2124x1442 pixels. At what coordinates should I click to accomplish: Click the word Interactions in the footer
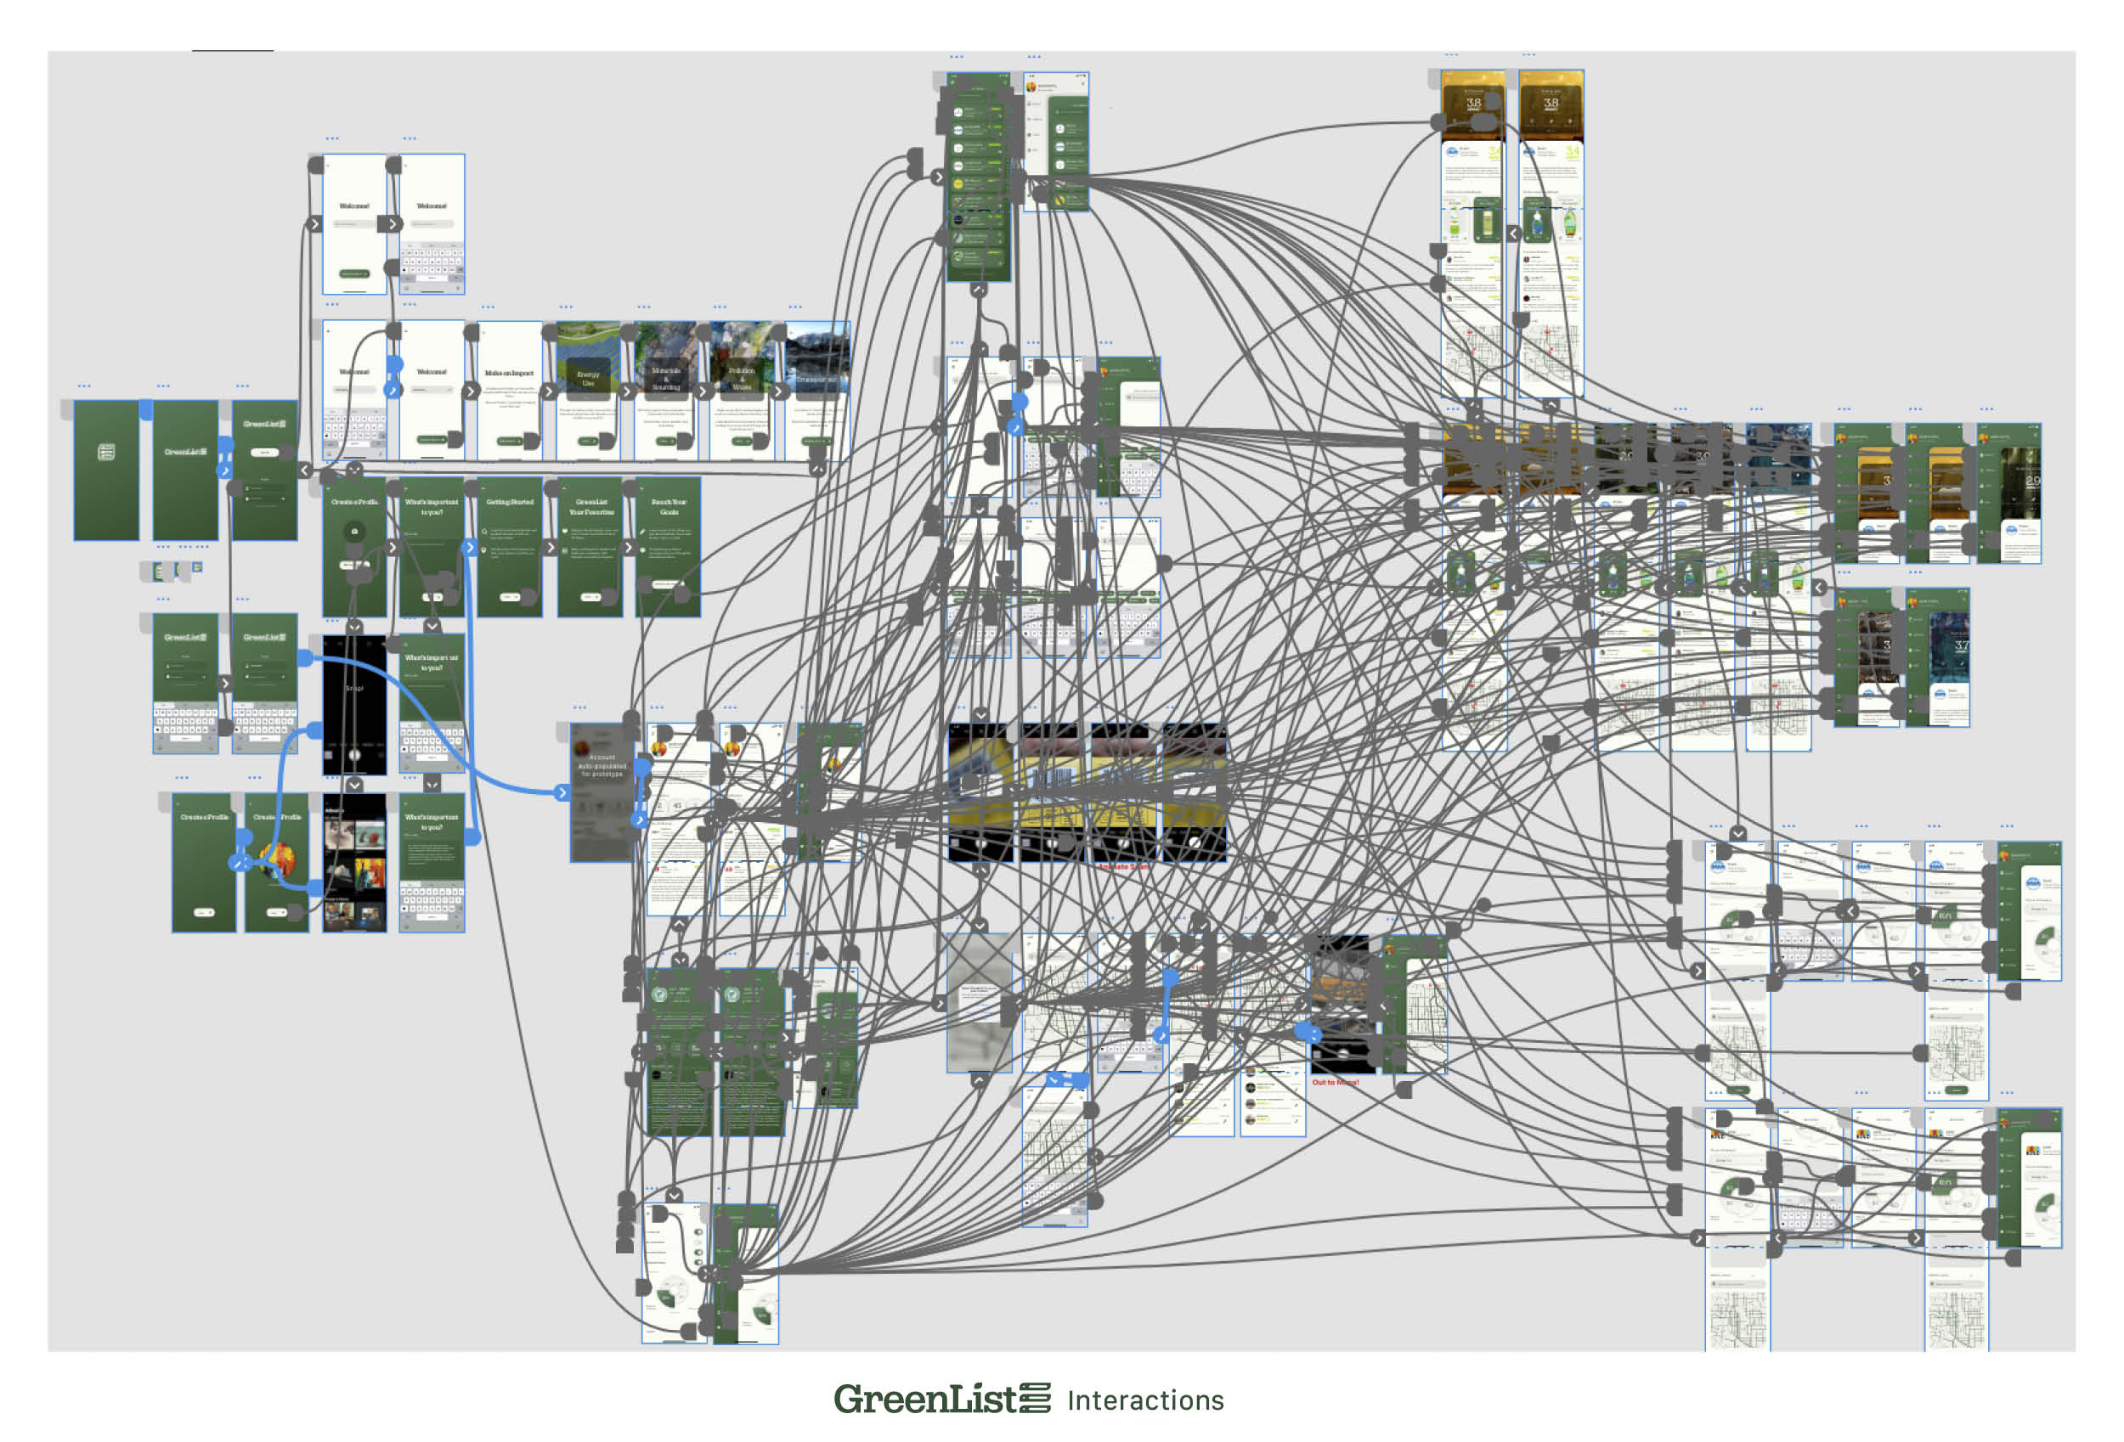point(1145,1400)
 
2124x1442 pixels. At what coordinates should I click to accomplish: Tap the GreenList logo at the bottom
point(941,1399)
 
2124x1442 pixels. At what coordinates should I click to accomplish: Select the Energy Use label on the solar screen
point(588,378)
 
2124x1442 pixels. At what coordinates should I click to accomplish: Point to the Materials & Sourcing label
point(665,378)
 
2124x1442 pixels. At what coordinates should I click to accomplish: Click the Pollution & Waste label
point(741,378)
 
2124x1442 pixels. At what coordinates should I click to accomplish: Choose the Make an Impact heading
point(509,373)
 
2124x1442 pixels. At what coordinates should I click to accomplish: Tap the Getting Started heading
point(509,502)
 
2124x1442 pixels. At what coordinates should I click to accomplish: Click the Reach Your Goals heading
point(668,506)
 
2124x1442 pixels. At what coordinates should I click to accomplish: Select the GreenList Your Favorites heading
point(590,506)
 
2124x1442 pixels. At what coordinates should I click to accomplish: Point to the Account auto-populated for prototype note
point(602,765)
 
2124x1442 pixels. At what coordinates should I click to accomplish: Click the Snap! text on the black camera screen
point(353,688)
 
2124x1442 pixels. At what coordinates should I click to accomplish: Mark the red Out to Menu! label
point(1336,1082)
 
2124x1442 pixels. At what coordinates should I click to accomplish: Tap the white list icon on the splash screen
point(106,452)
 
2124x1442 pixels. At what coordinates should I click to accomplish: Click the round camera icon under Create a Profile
point(354,531)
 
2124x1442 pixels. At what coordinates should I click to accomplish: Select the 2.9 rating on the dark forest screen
point(2031,481)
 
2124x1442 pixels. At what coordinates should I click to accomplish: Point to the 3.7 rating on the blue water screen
point(1962,645)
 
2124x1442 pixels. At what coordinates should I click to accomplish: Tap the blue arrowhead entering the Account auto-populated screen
point(562,792)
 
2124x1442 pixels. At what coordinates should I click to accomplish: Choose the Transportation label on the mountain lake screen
point(818,378)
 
